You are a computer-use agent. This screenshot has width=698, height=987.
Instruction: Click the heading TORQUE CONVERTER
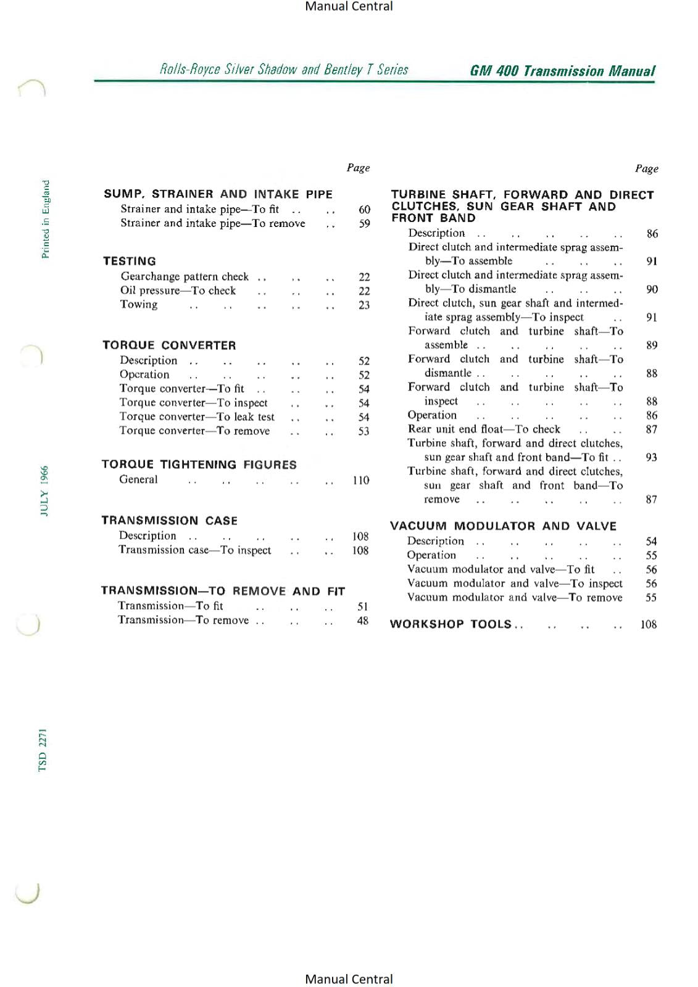point(169,345)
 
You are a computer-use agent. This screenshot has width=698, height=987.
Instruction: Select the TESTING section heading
point(130,261)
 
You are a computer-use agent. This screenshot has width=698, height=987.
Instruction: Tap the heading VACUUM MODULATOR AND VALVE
point(503,526)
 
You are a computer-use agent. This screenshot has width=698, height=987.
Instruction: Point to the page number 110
point(361,480)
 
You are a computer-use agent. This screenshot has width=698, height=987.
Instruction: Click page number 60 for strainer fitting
point(364,210)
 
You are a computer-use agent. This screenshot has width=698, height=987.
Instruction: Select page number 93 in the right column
point(651,457)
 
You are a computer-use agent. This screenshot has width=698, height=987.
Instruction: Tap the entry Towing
point(139,304)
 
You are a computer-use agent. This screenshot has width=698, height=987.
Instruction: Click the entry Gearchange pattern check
point(185,276)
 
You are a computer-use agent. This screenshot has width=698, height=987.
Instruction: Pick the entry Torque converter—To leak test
point(197,417)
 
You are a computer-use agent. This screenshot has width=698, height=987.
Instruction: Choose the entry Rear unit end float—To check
point(484,429)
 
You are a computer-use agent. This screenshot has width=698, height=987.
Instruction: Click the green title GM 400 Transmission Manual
point(562,71)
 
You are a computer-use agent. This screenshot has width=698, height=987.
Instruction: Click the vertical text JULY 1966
point(44,490)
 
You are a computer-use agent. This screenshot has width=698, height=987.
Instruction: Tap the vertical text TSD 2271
point(43,750)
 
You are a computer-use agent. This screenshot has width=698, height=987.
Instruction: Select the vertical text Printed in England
point(45,219)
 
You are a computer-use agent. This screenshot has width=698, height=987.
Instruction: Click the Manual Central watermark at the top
point(349,7)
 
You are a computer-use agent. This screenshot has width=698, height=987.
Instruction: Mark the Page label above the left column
point(358,168)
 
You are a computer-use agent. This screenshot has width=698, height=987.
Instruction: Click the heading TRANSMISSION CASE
point(169,521)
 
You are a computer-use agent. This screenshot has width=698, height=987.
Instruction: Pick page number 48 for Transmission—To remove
point(362,621)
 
